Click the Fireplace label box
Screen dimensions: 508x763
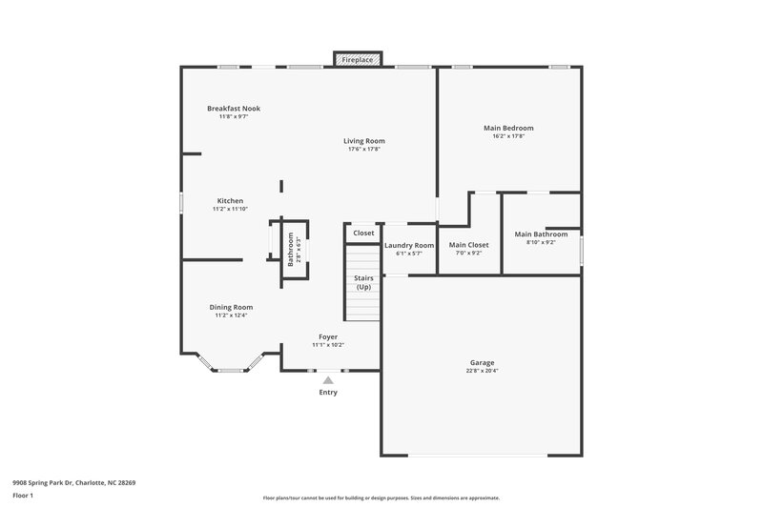[x=358, y=59]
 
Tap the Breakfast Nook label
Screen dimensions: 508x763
[x=234, y=109]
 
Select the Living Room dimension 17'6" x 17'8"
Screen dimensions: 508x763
[x=365, y=150]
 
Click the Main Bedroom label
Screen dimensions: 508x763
[x=508, y=128]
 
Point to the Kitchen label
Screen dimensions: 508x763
[x=230, y=201]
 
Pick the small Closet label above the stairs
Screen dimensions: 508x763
[x=363, y=233]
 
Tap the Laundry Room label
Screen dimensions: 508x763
[x=409, y=245]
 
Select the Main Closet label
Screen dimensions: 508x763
[x=468, y=245]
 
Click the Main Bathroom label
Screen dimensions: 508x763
[x=541, y=234]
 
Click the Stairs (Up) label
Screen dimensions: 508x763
[x=363, y=282]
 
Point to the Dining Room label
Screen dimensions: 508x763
[x=231, y=307]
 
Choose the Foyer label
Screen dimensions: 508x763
[x=328, y=336]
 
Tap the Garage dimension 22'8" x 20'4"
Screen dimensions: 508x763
[x=483, y=371]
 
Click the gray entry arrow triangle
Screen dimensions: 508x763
[x=328, y=380]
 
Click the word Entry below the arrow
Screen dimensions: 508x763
[x=328, y=392]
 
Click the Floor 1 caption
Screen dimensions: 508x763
[x=24, y=496]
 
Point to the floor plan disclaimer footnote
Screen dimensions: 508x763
[x=381, y=498]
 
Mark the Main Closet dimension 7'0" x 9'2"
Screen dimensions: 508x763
[x=468, y=254]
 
